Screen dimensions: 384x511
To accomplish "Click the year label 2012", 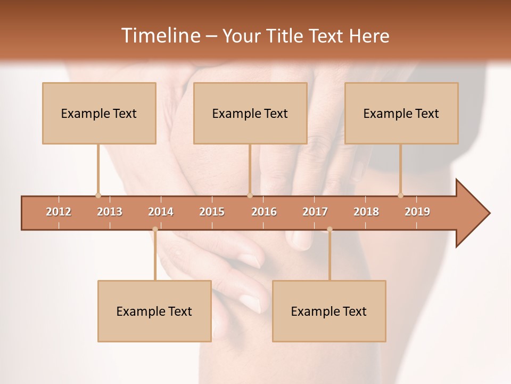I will (x=59, y=212).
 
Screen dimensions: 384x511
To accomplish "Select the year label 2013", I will (x=110, y=212).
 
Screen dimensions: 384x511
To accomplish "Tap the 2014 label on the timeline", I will (x=161, y=212).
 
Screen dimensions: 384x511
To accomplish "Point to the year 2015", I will (x=212, y=212).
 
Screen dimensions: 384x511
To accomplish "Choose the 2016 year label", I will (x=264, y=212).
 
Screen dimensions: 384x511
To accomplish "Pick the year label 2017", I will (x=315, y=212).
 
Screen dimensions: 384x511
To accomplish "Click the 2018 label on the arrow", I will (x=366, y=212).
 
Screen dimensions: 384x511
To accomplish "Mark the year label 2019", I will (x=417, y=212).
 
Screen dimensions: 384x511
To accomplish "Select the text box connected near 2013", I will (x=99, y=113).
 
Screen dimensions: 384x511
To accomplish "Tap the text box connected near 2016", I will (x=250, y=113).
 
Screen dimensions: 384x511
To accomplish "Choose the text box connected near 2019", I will (x=401, y=113).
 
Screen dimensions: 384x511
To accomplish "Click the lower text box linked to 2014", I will (x=154, y=311).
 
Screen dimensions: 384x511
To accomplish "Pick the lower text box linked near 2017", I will (x=329, y=311).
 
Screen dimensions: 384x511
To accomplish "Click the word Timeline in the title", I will (x=160, y=36).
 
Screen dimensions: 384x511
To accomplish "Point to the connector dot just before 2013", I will (x=98, y=195).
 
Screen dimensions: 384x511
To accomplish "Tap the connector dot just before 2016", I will (x=250, y=195).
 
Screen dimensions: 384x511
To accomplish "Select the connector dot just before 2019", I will (x=400, y=195).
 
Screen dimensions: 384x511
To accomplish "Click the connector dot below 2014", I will (x=155, y=229).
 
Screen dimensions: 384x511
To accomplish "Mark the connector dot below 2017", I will (x=329, y=229).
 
